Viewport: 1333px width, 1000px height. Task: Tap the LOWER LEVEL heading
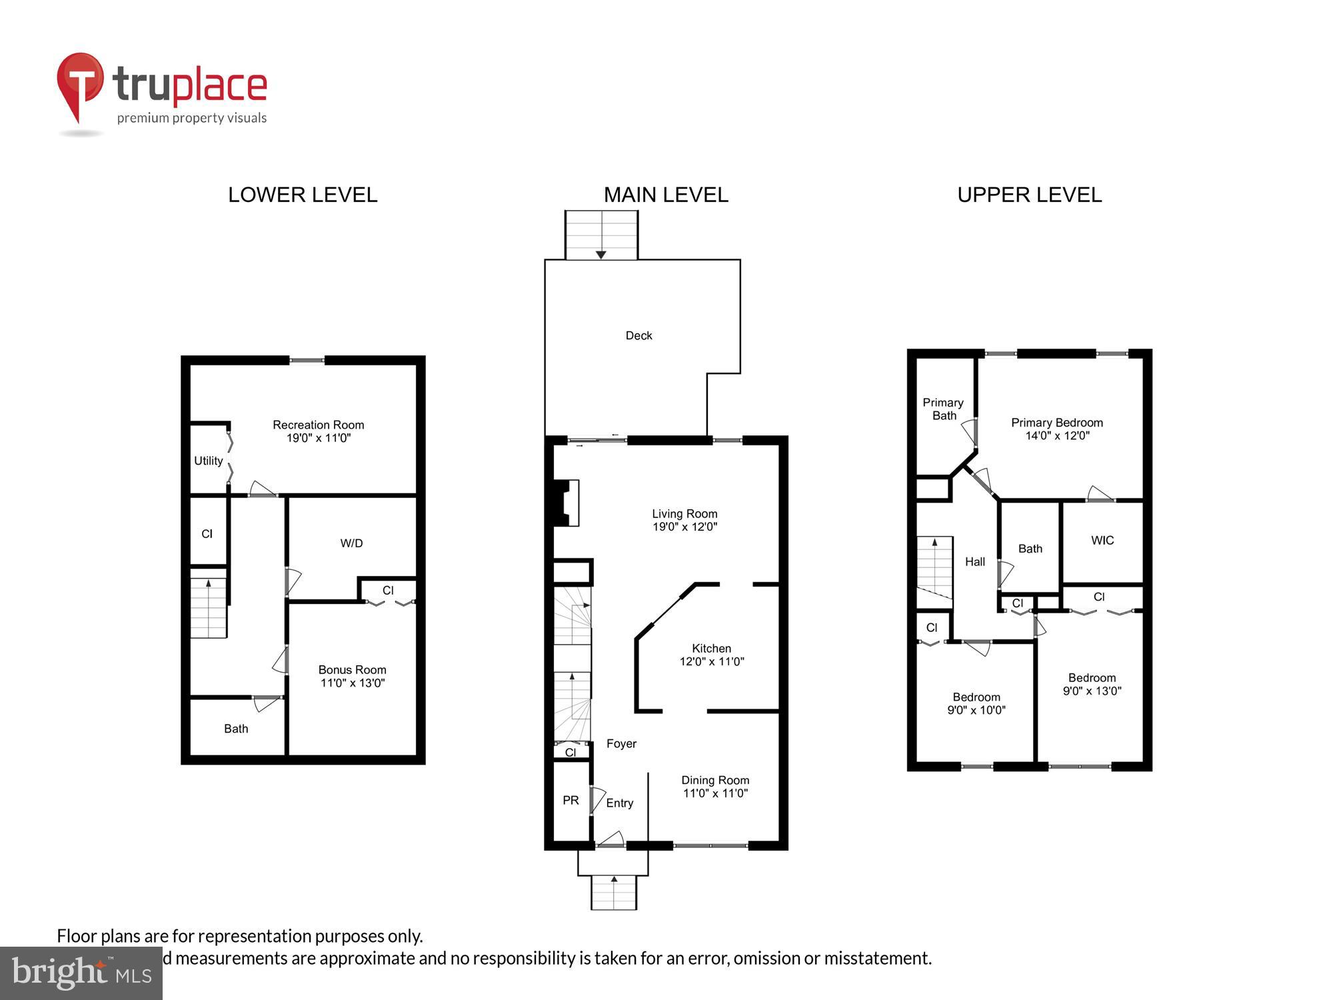coord(303,195)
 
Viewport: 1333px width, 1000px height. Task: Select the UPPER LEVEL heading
coord(1029,195)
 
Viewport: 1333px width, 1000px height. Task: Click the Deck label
coord(639,336)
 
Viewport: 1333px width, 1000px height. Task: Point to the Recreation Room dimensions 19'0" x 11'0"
coord(319,438)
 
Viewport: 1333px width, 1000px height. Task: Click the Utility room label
coord(208,461)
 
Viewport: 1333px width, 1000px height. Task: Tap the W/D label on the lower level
coord(351,543)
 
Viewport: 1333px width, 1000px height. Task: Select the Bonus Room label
coord(352,670)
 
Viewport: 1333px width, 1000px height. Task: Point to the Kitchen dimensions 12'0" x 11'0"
coord(711,662)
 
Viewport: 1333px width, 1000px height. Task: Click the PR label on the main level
coord(571,800)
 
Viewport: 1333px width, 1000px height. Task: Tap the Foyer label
coord(621,743)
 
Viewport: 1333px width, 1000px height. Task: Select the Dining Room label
coord(715,780)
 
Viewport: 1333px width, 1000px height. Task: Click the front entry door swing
coord(611,839)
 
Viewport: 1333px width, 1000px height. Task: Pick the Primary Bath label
coord(943,409)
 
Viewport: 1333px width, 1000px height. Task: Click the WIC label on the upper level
coord(1102,541)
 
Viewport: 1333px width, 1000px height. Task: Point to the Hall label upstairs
coord(974,562)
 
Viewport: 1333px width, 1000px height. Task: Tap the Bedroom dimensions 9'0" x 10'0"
coord(976,711)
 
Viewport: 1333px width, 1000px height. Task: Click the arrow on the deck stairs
coord(601,254)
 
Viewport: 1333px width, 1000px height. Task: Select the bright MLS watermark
coord(81,973)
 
